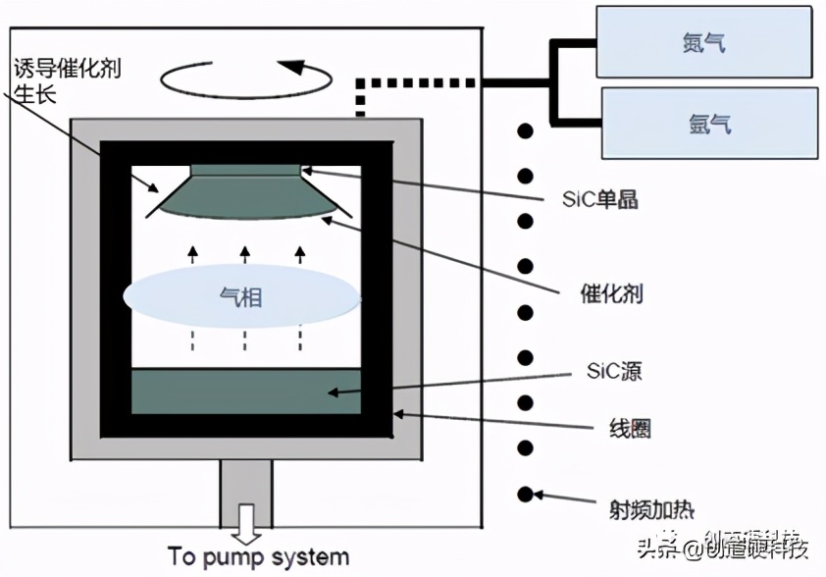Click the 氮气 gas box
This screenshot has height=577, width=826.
pos(703,43)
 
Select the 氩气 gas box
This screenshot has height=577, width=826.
pos(708,125)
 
